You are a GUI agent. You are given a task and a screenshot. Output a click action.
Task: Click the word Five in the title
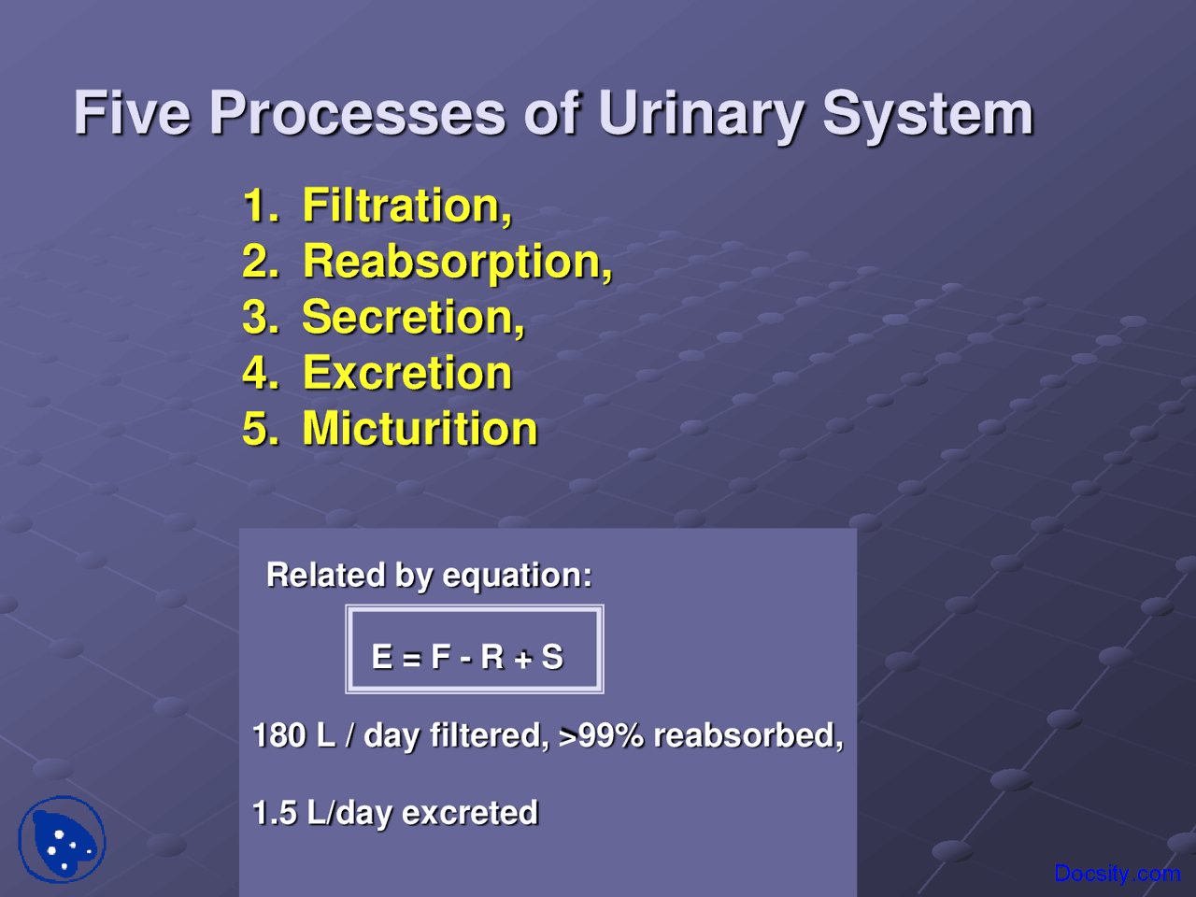pyautogui.click(x=132, y=113)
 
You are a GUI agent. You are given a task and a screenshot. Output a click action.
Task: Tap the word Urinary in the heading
pyautogui.click(x=700, y=115)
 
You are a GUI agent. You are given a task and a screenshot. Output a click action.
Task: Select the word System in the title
pyautogui.click(x=927, y=115)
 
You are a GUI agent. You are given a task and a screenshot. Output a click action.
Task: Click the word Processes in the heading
pyautogui.click(x=357, y=113)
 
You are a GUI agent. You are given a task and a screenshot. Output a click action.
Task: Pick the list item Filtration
pyautogui.click(x=406, y=206)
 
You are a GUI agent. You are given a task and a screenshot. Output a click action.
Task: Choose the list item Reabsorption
pyautogui.click(x=457, y=262)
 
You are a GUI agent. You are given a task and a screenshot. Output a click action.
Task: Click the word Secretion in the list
pyautogui.click(x=413, y=318)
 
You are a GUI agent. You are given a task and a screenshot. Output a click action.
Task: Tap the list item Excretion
pyautogui.click(x=407, y=373)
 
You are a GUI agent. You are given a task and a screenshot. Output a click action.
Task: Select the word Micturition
pyautogui.click(x=420, y=429)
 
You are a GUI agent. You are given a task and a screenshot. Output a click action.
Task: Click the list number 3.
pyautogui.click(x=260, y=318)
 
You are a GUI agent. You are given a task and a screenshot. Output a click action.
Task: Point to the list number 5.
pyautogui.click(x=260, y=429)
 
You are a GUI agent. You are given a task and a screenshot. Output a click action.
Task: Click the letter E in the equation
pyautogui.click(x=381, y=657)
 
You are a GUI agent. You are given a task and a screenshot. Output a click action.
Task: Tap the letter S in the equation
pyautogui.click(x=552, y=657)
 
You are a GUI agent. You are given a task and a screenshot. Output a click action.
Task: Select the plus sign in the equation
pyautogui.click(x=522, y=659)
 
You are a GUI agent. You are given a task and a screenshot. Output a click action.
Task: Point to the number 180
pyautogui.click(x=279, y=735)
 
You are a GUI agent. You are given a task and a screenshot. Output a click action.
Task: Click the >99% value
pyautogui.click(x=601, y=735)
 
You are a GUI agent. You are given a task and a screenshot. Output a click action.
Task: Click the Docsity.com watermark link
pyautogui.click(x=1117, y=874)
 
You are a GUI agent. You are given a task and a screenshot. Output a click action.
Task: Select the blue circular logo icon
pyautogui.click(x=62, y=839)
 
